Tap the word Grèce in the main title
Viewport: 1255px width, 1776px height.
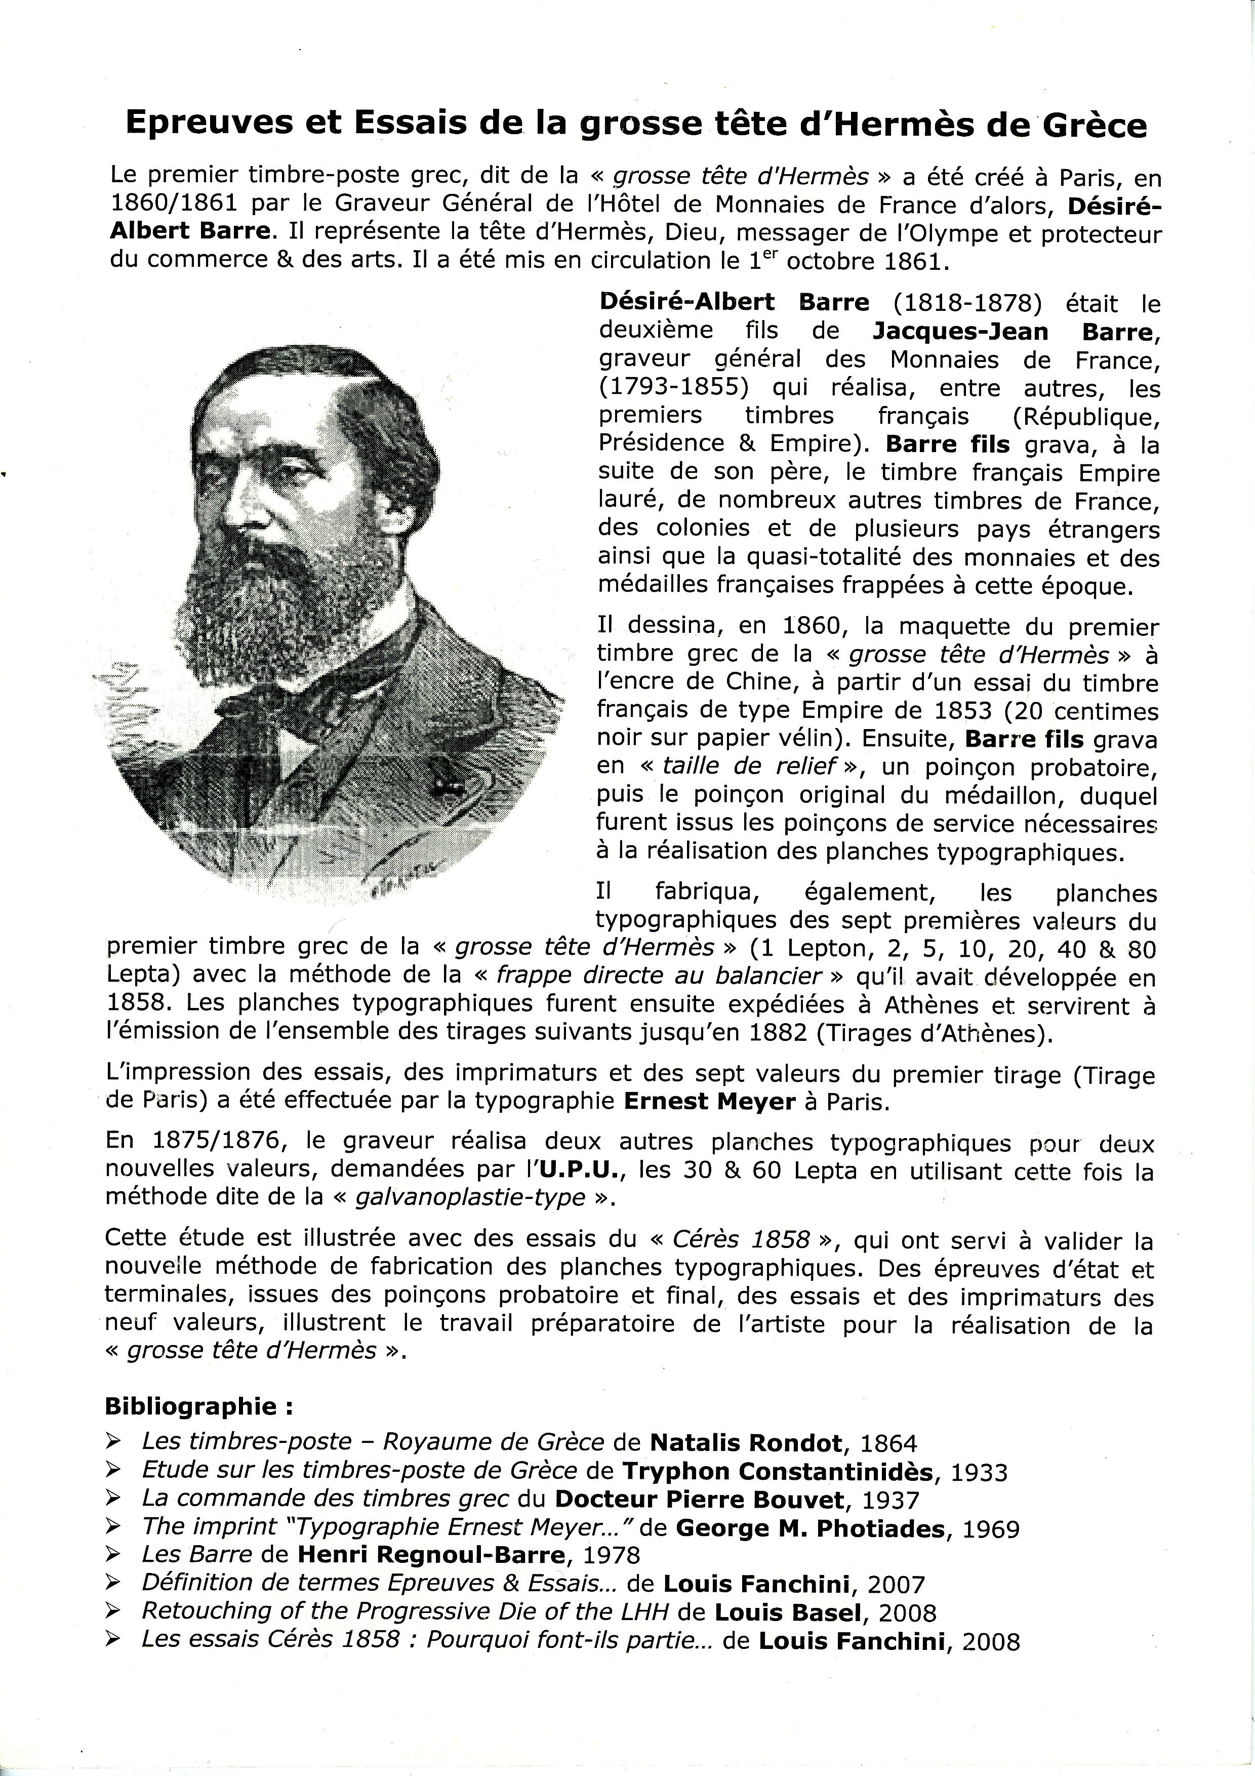(1094, 125)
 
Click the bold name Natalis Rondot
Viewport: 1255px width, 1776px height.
(746, 1442)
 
